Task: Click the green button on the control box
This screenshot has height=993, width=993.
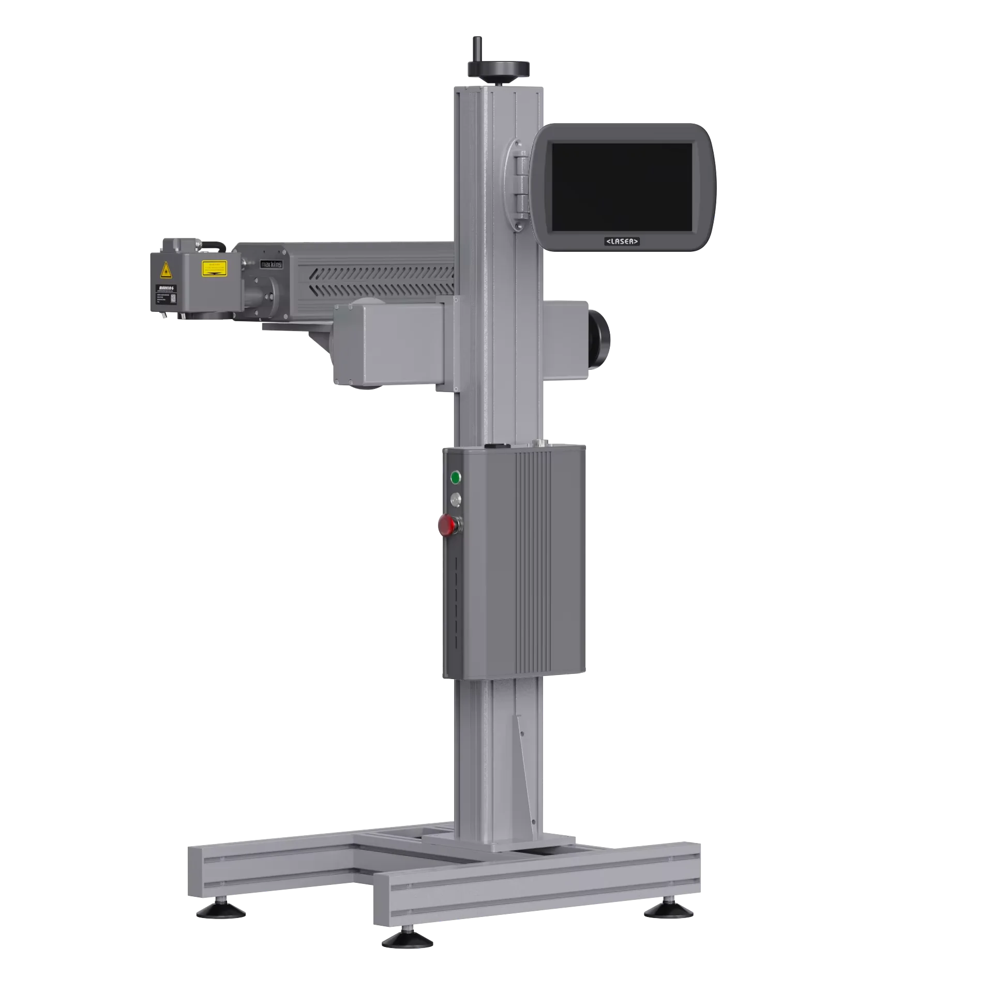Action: click(456, 477)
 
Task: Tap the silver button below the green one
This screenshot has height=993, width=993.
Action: click(456, 499)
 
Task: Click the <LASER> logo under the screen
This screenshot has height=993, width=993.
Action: click(622, 242)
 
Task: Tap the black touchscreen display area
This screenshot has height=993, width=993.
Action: click(622, 187)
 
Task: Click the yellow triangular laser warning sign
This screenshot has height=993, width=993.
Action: click(166, 270)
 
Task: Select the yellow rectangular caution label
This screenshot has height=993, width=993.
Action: click(214, 267)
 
